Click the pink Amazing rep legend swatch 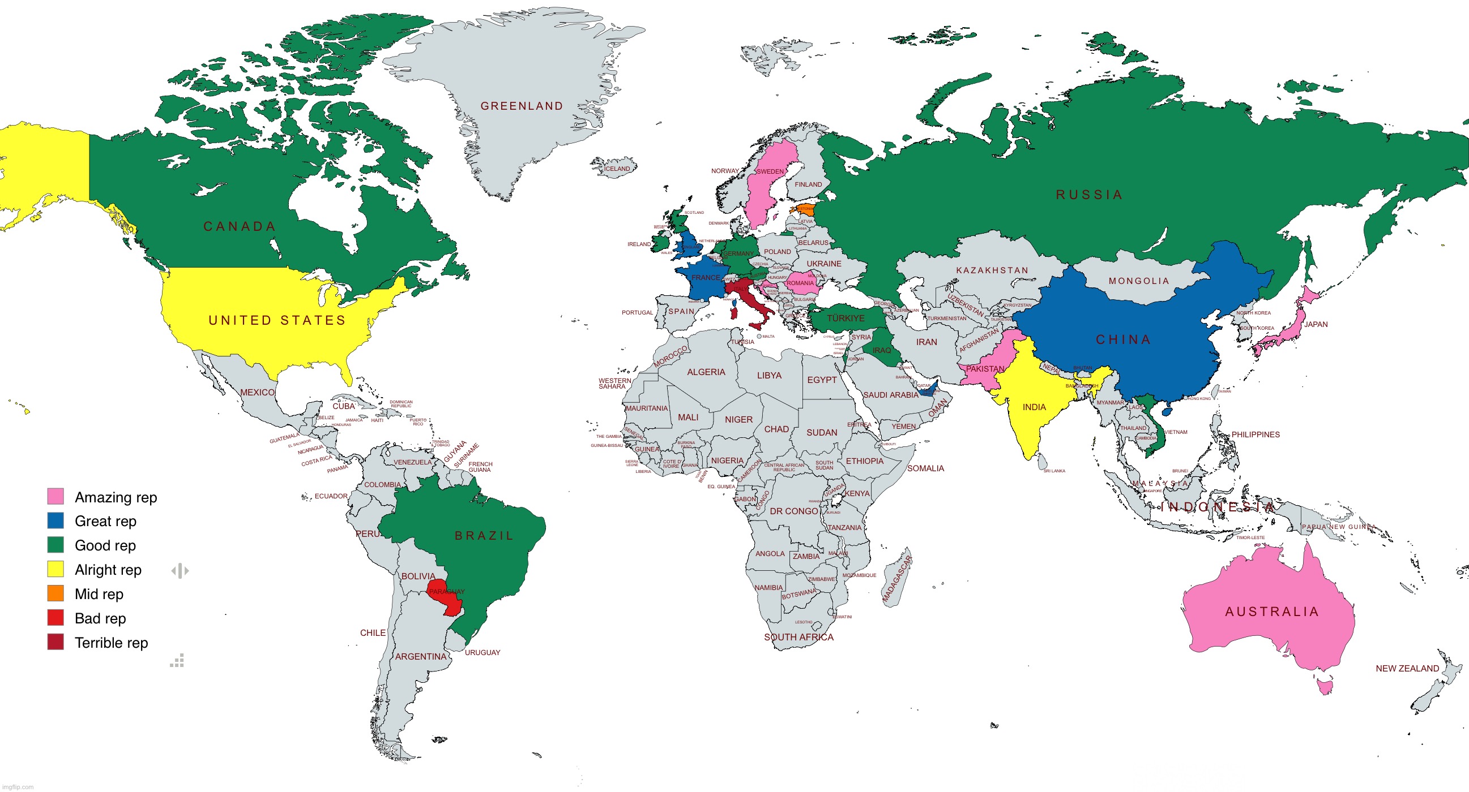(x=55, y=496)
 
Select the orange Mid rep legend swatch (x=55, y=593)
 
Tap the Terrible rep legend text (x=111, y=643)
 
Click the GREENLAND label (x=522, y=106)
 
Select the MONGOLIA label (x=1139, y=281)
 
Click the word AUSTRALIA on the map (x=1272, y=612)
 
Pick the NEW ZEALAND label (x=1407, y=668)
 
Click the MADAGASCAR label (x=897, y=579)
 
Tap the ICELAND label (x=617, y=169)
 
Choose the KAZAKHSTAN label (x=992, y=270)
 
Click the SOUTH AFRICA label (x=798, y=637)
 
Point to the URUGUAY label (x=482, y=652)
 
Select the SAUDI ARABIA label (x=891, y=395)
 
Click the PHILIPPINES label (x=1255, y=434)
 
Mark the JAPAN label (x=1316, y=324)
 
